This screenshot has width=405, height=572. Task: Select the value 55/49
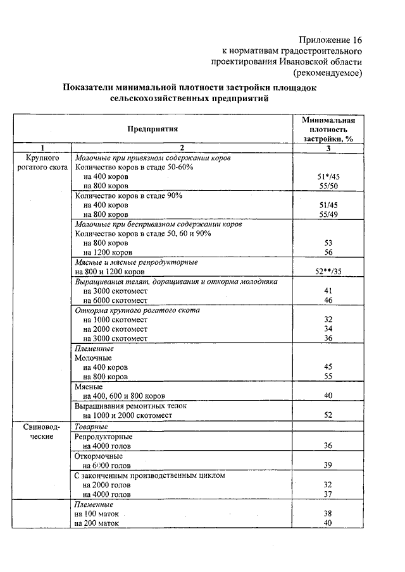point(328,215)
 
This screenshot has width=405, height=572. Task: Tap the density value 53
point(328,243)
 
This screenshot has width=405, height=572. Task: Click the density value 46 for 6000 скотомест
point(328,300)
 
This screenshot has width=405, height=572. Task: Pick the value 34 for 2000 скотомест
point(328,329)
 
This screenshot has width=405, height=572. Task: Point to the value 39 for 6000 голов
point(328,465)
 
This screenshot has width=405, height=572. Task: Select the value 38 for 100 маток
point(328,514)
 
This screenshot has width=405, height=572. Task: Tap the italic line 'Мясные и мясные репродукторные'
point(137,262)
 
